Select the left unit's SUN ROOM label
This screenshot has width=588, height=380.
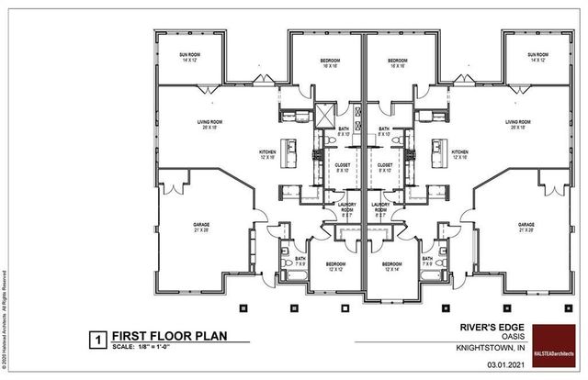(191, 58)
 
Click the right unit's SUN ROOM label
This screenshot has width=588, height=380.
(538, 58)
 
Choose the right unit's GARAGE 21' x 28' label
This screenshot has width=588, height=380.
(526, 227)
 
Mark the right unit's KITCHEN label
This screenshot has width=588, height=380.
(459, 154)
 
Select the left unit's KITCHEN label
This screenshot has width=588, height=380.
(267, 154)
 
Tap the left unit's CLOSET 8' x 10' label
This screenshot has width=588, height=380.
(342, 167)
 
